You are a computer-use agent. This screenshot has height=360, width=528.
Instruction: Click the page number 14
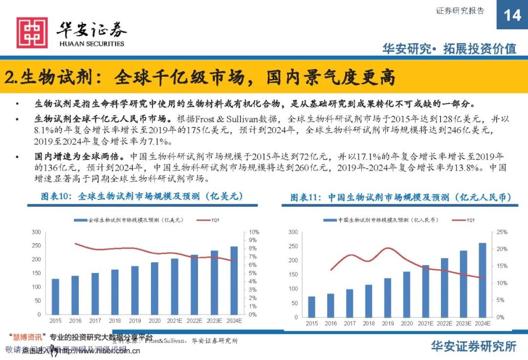(x=512, y=15)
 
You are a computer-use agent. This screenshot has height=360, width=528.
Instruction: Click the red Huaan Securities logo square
(x=32, y=33)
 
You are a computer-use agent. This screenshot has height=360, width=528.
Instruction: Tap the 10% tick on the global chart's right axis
(x=253, y=232)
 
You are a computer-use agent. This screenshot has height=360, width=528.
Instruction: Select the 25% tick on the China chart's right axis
(x=502, y=232)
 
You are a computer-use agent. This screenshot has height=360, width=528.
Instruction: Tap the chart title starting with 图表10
(x=142, y=196)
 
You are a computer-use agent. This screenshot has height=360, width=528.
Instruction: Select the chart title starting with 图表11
(x=400, y=197)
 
